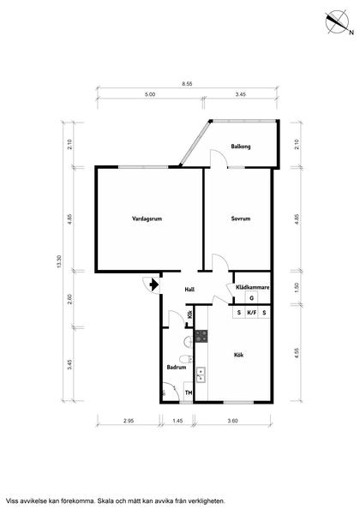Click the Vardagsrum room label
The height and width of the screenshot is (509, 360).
point(147,219)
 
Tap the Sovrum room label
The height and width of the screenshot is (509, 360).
point(241,219)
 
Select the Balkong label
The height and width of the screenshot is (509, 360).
point(241,147)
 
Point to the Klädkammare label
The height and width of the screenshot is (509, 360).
point(252,287)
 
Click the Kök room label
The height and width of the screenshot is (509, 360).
point(238,355)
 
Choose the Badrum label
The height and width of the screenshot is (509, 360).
point(177,367)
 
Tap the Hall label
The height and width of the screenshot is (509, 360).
point(189,289)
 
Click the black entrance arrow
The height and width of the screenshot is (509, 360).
point(154,284)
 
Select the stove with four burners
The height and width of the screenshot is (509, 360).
point(201,336)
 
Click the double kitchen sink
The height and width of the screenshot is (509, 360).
point(201,374)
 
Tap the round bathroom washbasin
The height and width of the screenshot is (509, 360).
point(188,342)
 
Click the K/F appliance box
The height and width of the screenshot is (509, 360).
point(252,313)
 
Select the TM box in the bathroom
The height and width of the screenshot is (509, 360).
point(189,392)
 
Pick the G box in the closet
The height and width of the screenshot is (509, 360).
point(252,297)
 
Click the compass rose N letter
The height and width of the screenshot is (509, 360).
point(351,33)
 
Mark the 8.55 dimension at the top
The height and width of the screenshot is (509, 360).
point(187,83)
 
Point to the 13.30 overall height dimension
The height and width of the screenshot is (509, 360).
point(59,261)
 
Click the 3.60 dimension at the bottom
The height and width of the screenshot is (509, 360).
point(232,421)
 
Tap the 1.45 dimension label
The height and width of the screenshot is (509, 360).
point(177,421)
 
